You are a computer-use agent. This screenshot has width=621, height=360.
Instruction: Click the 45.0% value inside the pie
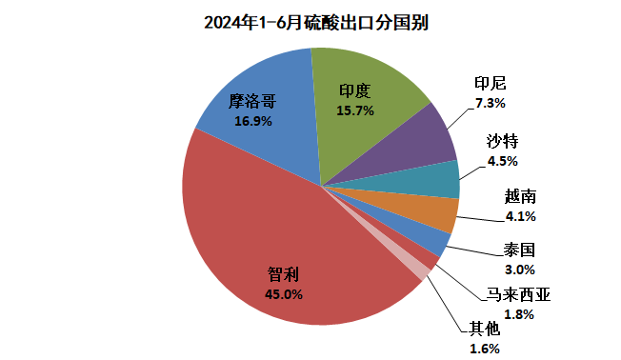[x=283, y=294]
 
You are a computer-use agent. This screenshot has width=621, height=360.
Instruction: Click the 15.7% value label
[x=354, y=110]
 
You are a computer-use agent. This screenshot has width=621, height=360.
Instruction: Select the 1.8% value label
[x=518, y=314]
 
